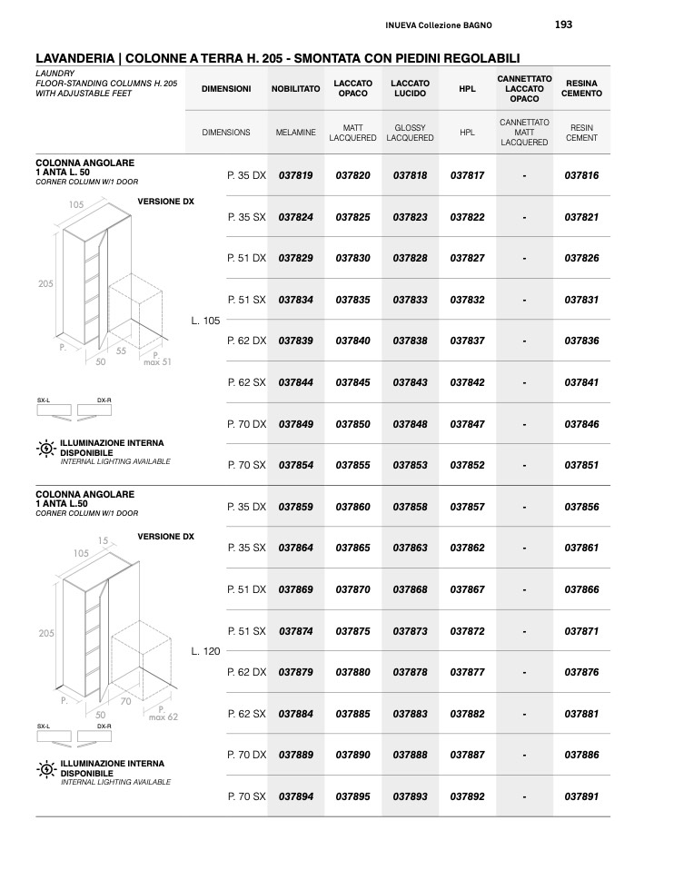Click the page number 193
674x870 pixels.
563,25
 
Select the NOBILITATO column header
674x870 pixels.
295,89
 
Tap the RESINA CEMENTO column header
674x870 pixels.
581,88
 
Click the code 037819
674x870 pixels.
295,175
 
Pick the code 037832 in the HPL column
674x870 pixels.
467,300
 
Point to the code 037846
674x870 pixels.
581,424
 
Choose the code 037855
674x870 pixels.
352,465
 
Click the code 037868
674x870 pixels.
410,589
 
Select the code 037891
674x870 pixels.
581,796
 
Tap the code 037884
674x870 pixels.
295,714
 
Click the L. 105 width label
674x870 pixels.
206,321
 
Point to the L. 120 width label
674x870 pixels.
206,651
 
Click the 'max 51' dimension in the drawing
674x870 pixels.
157,362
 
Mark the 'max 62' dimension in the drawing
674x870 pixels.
164,717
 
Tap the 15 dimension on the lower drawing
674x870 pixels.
103,541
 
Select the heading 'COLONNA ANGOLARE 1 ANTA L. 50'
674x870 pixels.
85,167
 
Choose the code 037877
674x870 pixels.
467,672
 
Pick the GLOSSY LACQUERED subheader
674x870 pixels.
410,133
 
